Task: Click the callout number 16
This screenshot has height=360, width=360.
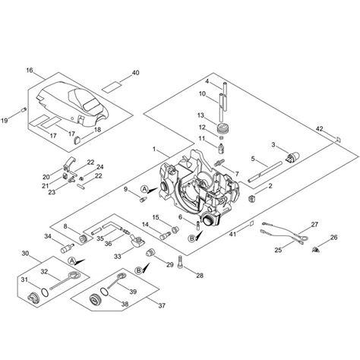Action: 30,70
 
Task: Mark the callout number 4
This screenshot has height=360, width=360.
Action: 207,81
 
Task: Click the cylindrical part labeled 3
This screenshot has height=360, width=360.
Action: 292,159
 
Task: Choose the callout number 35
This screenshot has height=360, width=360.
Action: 100,238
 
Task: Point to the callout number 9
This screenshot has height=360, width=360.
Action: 125,189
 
